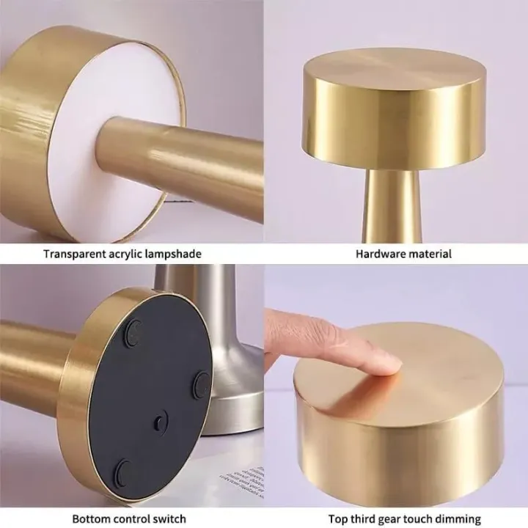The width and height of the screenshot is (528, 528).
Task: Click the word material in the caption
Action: coord(429,254)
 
